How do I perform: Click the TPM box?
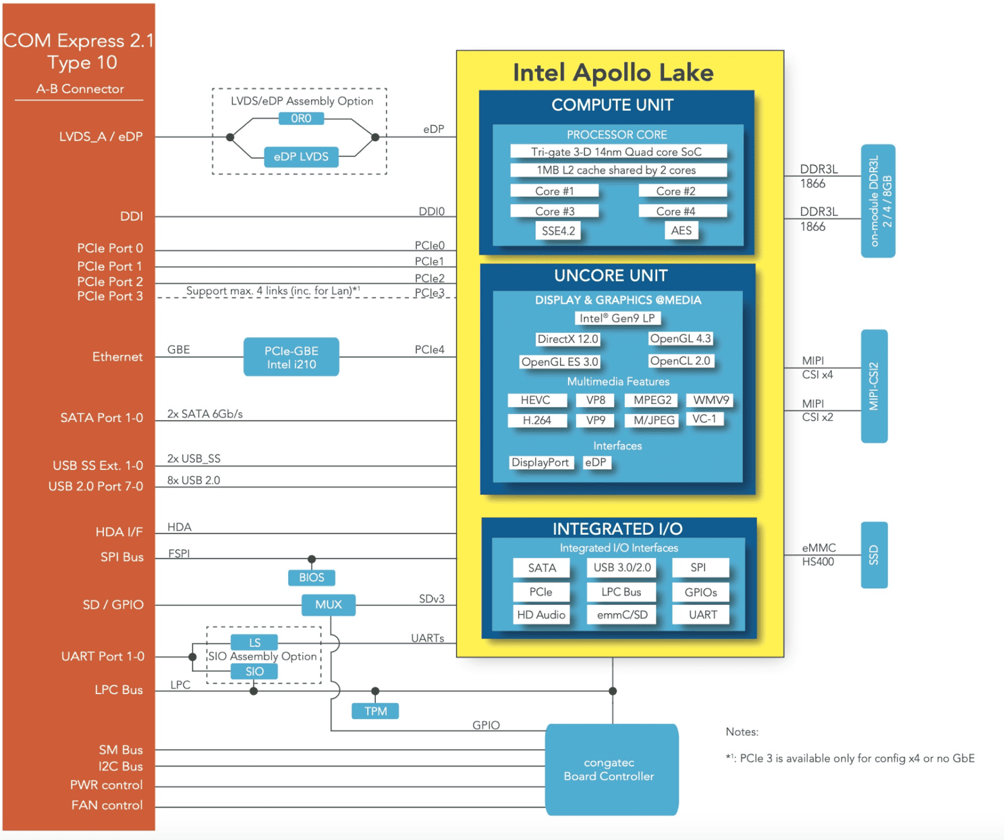pyautogui.click(x=375, y=711)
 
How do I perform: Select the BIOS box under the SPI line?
pyautogui.click(x=312, y=577)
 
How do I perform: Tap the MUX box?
pyautogui.click(x=329, y=604)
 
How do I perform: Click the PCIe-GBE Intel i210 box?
pyautogui.click(x=291, y=357)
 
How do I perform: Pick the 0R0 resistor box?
pyautogui.click(x=301, y=118)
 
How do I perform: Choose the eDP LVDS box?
pyautogui.click(x=301, y=157)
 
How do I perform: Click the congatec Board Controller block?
pyautogui.click(x=611, y=769)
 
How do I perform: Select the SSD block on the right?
pyautogui.click(x=874, y=555)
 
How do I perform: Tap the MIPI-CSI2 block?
pyautogui.click(x=874, y=386)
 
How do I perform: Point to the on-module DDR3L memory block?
pyautogui.click(x=878, y=201)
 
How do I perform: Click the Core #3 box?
pyautogui.click(x=555, y=211)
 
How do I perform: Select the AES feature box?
pyautogui.click(x=681, y=230)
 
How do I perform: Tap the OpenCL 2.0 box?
pyautogui.click(x=680, y=361)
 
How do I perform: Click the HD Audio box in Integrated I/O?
pyautogui.click(x=541, y=614)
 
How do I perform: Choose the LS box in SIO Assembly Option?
pyautogui.click(x=254, y=642)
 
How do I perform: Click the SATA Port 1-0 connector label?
pyautogui.click(x=101, y=417)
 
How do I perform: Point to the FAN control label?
pyautogui.click(x=107, y=805)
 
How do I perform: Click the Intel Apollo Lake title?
pyautogui.click(x=613, y=73)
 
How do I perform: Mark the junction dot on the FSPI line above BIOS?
pyautogui.click(x=312, y=559)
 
